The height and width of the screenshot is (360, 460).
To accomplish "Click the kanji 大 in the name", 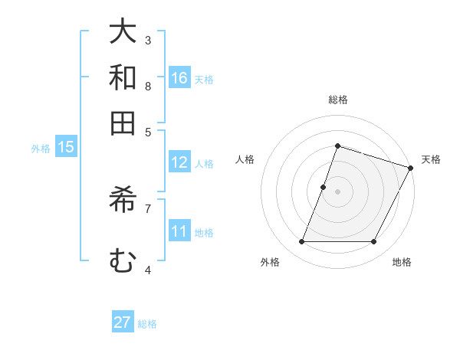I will click(123, 32).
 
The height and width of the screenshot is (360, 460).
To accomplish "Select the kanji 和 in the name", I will click(123, 77).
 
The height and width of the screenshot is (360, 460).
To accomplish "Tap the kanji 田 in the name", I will click(123, 123).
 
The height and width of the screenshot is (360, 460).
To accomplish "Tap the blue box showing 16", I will click(179, 77).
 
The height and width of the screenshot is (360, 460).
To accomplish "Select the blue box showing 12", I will click(179, 162).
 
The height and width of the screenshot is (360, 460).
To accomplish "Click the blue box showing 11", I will click(179, 231).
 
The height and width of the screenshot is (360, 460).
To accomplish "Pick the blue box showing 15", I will click(66, 147).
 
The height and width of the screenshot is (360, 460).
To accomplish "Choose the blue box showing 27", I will click(123, 322).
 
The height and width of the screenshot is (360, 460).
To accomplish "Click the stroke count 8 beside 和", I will click(148, 86).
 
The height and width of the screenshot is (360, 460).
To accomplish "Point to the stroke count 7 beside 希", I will click(148, 208).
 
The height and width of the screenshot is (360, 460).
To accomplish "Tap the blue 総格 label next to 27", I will click(147, 324).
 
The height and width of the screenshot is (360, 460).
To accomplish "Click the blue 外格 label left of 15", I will click(41, 149).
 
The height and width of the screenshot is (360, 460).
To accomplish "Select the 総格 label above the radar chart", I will click(337, 100).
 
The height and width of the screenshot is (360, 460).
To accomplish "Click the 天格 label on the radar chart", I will click(431, 159).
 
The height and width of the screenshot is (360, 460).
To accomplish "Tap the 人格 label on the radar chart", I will click(245, 159).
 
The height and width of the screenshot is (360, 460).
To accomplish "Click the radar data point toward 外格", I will click(301, 241).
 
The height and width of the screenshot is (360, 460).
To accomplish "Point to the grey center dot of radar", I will click(337, 191).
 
